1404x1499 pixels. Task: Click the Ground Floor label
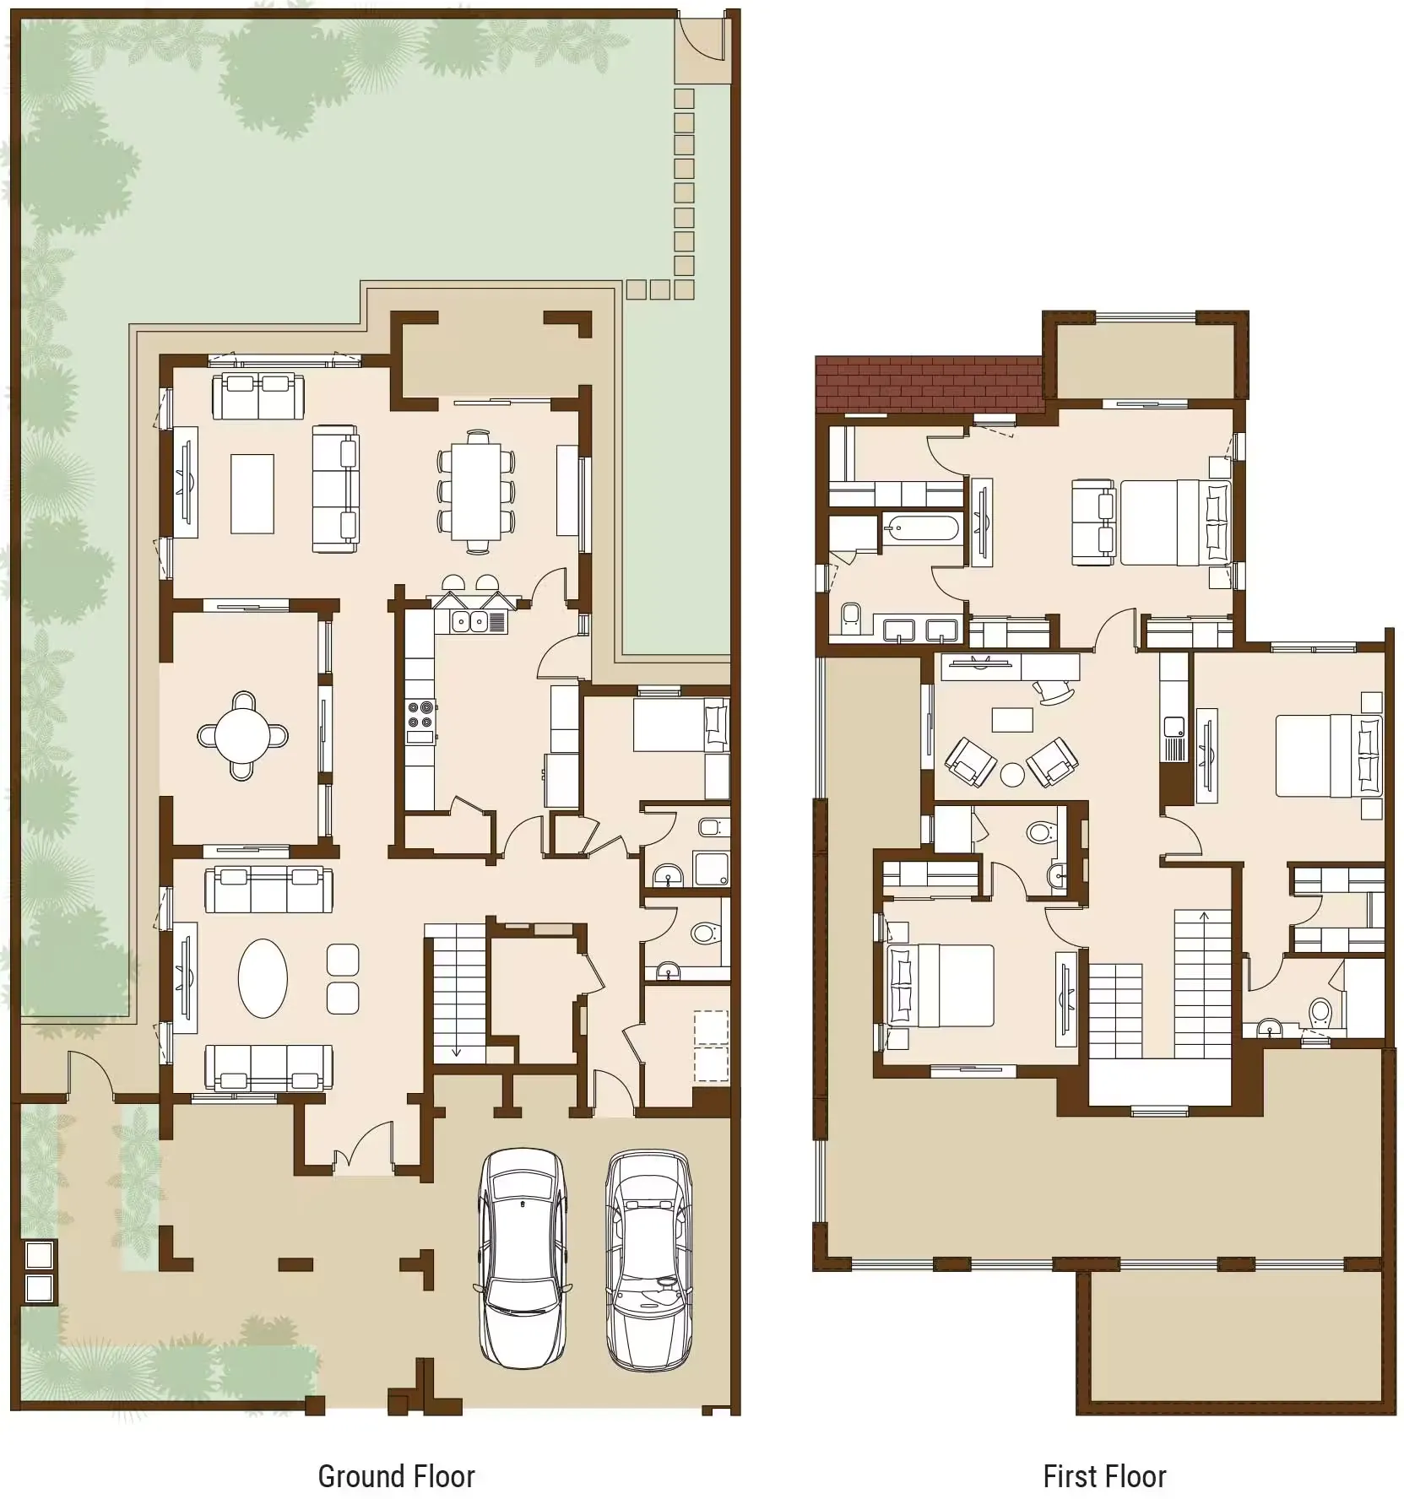click(x=396, y=1476)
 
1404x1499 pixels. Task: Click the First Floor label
click(x=1104, y=1476)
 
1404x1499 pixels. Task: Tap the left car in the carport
click(x=522, y=1258)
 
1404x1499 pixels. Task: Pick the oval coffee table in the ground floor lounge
click(x=263, y=979)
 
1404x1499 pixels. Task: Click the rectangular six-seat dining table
click(x=476, y=490)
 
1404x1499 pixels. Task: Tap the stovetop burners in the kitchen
click(x=420, y=714)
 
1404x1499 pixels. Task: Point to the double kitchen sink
click(x=469, y=622)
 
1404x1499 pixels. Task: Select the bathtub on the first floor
click(x=921, y=529)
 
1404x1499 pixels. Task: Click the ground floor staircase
click(x=455, y=996)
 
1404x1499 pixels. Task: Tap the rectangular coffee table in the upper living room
click(x=252, y=494)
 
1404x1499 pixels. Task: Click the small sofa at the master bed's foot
click(x=1093, y=522)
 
